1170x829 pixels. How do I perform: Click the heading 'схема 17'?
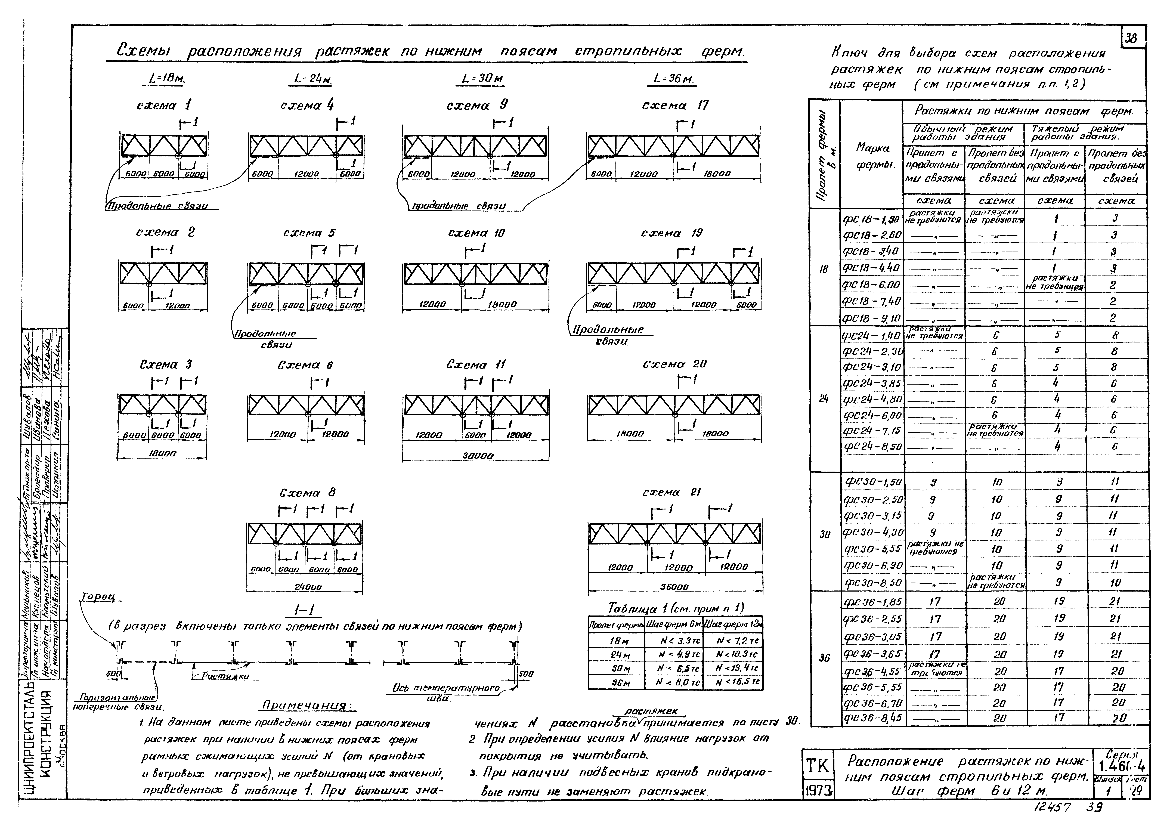pos(675,106)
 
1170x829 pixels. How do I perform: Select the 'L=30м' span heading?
pos(482,79)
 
